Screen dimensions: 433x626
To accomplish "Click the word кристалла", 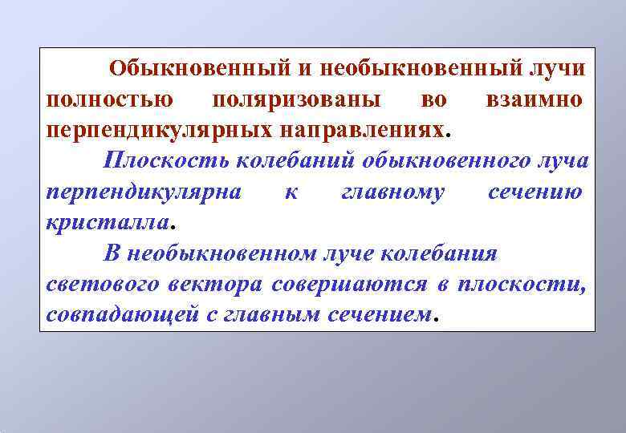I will [107, 221].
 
